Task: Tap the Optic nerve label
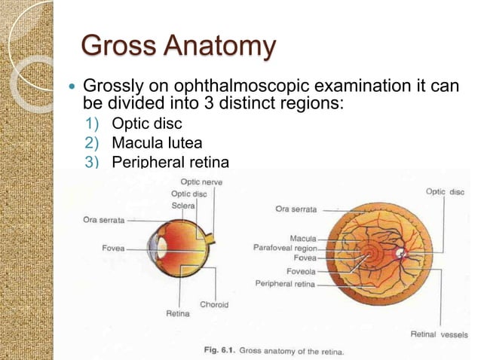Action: [201, 182]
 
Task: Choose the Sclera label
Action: [182, 206]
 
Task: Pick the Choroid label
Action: [214, 304]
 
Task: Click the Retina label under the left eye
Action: [178, 313]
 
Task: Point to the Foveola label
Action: [301, 270]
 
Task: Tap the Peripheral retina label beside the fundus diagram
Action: [284, 284]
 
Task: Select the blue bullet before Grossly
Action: [72, 87]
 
